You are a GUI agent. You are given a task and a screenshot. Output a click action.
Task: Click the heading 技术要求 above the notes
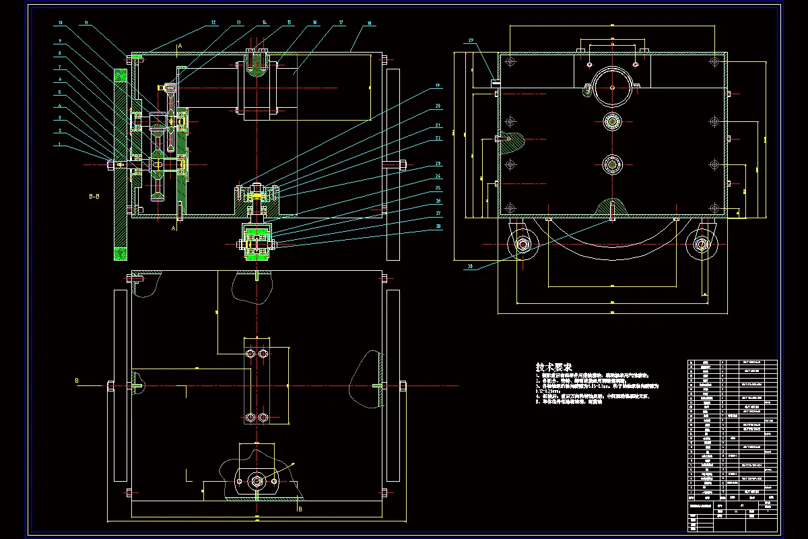tap(554, 367)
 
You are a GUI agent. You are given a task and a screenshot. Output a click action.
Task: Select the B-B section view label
tap(95, 197)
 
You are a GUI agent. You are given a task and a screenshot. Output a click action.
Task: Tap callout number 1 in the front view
tap(59, 144)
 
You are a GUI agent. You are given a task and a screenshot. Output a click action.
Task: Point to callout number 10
tap(60, 23)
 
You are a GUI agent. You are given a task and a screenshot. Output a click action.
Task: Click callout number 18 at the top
tap(369, 24)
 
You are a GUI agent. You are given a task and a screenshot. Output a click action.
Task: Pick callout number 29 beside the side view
tap(471, 40)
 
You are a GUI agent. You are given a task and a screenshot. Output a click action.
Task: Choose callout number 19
tap(437, 86)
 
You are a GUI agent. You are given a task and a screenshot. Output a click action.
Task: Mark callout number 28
tap(437, 228)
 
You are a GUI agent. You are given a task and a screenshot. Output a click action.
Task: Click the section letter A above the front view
tap(179, 46)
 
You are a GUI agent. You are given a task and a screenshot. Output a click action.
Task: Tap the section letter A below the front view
tap(174, 229)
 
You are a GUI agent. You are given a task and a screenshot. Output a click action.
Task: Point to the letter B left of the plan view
tap(77, 381)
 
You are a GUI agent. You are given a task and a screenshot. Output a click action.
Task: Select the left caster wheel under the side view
tap(523, 244)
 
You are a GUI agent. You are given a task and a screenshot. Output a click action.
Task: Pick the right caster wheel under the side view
tap(700, 244)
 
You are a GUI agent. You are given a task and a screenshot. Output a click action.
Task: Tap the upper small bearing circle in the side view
tap(612, 121)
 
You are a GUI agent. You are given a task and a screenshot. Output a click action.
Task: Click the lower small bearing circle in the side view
tap(612, 164)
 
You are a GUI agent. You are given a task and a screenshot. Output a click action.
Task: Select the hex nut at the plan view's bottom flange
tap(257, 480)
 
